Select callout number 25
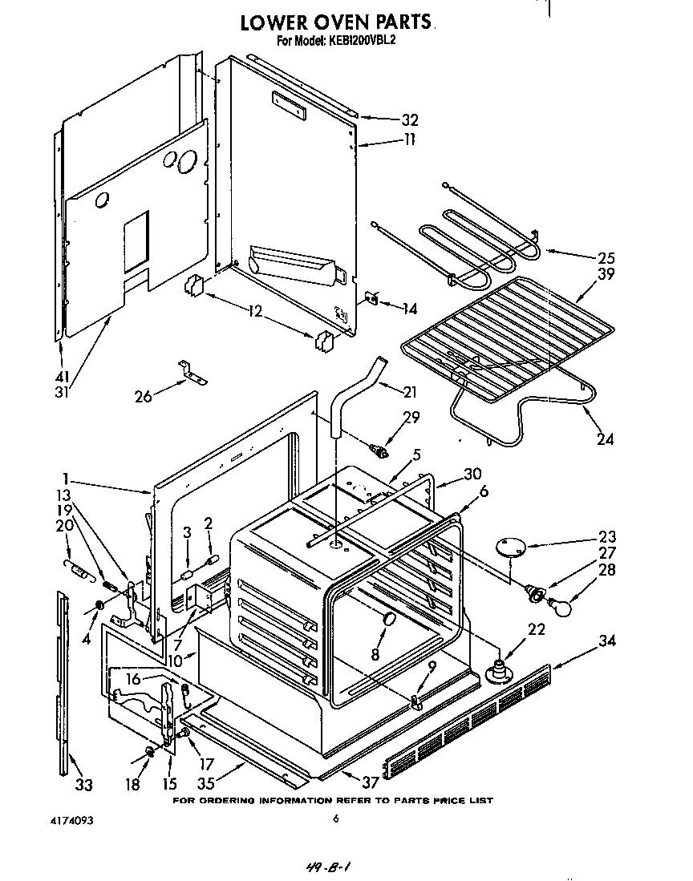coord(607,258)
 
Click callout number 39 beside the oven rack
coord(607,275)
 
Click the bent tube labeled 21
coord(353,393)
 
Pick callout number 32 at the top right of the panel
coord(410,120)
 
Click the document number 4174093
coord(55,820)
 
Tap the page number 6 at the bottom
coord(337,818)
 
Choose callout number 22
coord(537,630)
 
